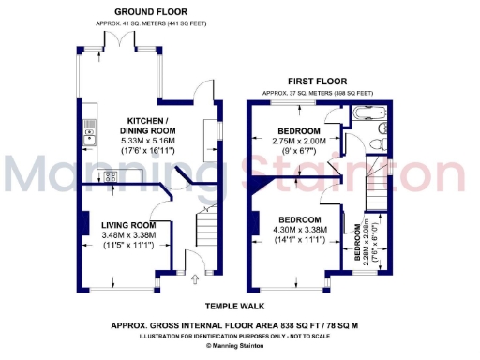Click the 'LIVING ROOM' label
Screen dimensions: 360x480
pyautogui.click(x=129, y=225)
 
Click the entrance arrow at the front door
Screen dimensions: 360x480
pyautogui.click(x=194, y=277)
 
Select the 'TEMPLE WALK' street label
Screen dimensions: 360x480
pyautogui.click(x=235, y=306)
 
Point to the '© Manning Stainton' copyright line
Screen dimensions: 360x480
pyautogui.click(x=239, y=345)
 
